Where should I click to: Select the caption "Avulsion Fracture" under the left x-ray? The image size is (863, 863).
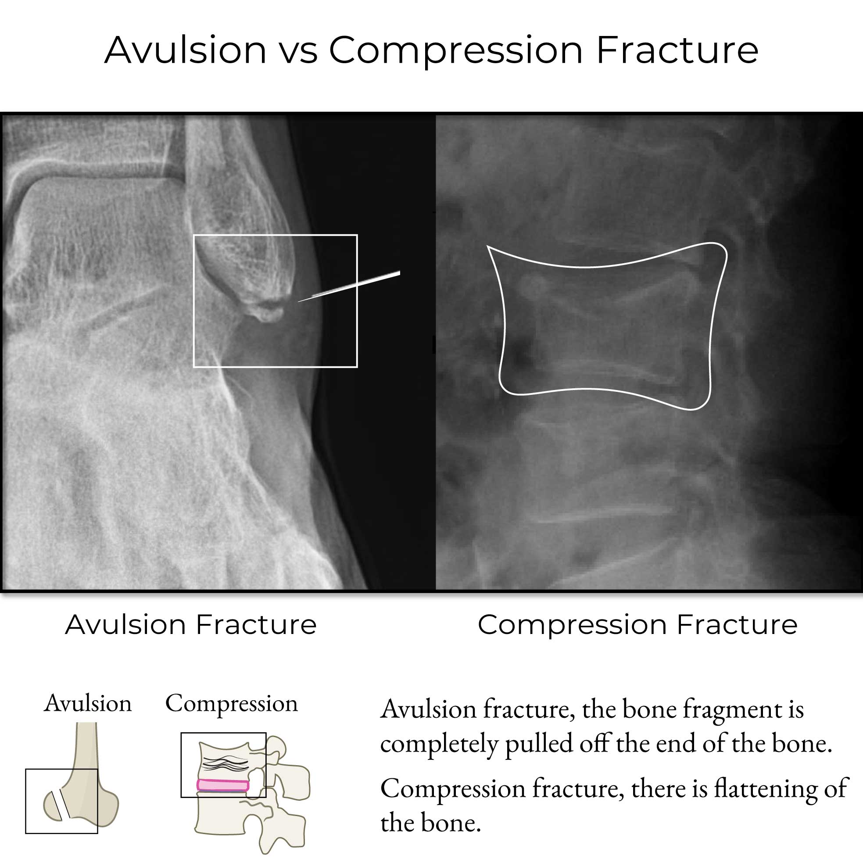coord(191,624)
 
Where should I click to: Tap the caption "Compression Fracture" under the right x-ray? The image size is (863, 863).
coord(637,624)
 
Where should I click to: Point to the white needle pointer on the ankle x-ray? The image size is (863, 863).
coord(349,286)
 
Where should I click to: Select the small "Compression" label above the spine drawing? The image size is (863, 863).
coord(231,704)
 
